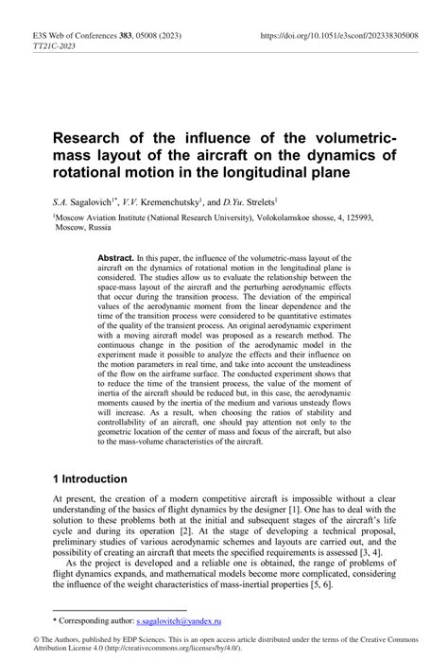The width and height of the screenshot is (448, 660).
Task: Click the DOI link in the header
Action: tap(346, 37)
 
